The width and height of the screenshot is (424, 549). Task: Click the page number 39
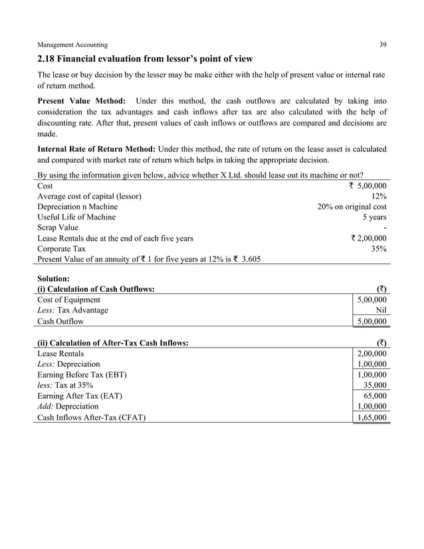pyautogui.click(x=383, y=45)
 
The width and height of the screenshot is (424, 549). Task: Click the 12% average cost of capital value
pyautogui.click(x=379, y=196)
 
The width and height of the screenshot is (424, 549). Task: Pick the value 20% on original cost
pyautogui.click(x=352, y=207)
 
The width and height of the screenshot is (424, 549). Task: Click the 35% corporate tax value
pyautogui.click(x=379, y=248)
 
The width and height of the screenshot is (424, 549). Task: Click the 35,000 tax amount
pyautogui.click(x=375, y=385)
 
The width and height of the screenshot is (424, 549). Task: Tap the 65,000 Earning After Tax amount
pyautogui.click(x=375, y=395)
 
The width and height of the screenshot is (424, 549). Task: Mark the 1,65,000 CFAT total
pyautogui.click(x=372, y=417)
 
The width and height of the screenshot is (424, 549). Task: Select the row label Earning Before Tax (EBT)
pyautogui.click(x=82, y=374)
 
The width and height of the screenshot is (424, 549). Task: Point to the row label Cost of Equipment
pyautogui.click(x=69, y=300)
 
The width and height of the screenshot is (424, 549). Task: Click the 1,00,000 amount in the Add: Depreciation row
pyautogui.click(x=372, y=406)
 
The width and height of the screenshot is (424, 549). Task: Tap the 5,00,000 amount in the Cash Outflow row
pyautogui.click(x=372, y=322)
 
